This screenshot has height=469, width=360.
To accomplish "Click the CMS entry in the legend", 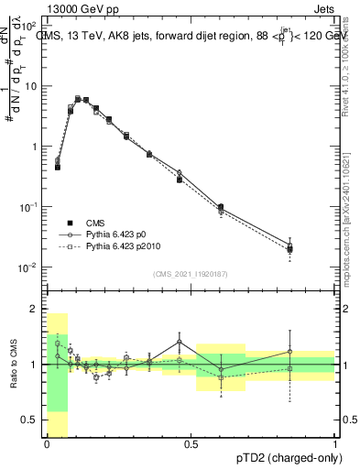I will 96,223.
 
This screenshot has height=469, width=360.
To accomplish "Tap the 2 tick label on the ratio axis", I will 34,309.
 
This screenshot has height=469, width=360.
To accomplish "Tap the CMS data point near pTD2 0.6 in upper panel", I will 221,207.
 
